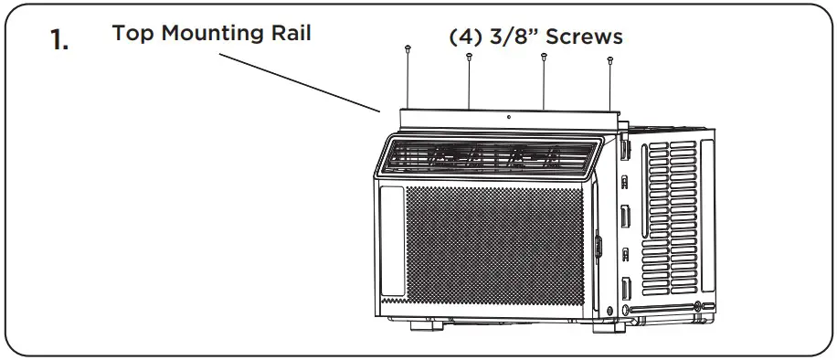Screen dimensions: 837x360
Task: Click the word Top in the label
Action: click(x=129, y=34)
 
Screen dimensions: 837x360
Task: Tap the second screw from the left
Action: click(x=469, y=57)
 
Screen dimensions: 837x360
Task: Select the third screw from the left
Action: click(x=544, y=57)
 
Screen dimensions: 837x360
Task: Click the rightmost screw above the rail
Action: click(x=609, y=60)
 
